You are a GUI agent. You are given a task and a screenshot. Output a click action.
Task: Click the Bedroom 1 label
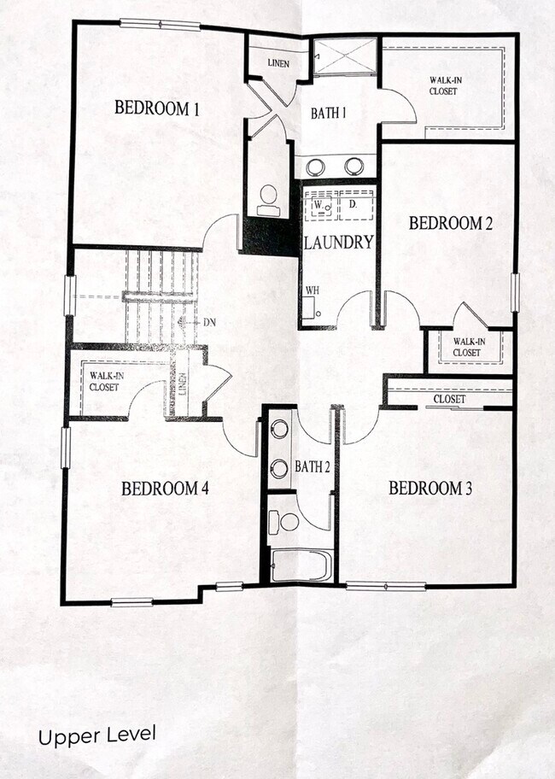(157, 108)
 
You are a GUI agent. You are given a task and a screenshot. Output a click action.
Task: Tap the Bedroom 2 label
(451, 224)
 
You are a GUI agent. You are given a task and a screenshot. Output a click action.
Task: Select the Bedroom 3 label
(430, 489)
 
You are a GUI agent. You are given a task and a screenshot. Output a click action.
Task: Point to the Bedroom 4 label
(165, 489)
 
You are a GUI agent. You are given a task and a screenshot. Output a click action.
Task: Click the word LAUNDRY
(339, 243)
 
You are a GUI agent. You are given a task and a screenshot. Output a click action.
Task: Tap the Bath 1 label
(328, 111)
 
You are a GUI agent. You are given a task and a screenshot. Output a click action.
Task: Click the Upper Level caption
(96, 735)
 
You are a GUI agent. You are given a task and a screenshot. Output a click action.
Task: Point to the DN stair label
(210, 323)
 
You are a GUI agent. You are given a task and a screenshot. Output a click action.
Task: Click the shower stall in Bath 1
(344, 57)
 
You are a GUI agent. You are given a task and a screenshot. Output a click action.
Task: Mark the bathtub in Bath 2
(301, 566)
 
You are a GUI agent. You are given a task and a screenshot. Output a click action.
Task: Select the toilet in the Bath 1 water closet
(269, 198)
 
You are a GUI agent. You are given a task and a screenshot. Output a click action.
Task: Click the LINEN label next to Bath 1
(277, 63)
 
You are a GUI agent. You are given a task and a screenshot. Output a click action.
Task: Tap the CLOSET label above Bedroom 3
(449, 399)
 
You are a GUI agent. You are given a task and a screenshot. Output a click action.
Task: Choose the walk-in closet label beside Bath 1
(446, 86)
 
